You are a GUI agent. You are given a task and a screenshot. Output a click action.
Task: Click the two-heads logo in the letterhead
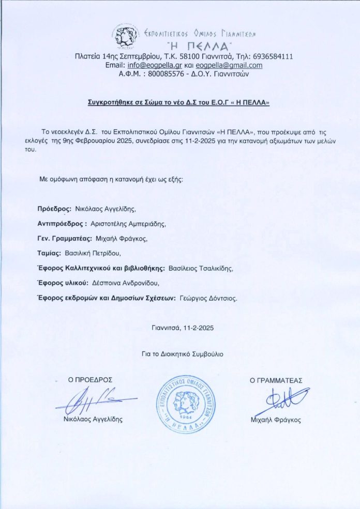click(x=126, y=35)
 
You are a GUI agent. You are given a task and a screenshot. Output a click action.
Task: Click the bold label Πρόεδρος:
click(x=54, y=209)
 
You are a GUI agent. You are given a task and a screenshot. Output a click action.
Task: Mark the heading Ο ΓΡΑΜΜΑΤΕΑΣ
click(x=276, y=380)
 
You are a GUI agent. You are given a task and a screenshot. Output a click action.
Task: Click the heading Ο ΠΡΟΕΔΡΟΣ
click(x=90, y=380)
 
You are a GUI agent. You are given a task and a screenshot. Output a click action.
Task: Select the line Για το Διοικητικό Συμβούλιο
click(x=183, y=354)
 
